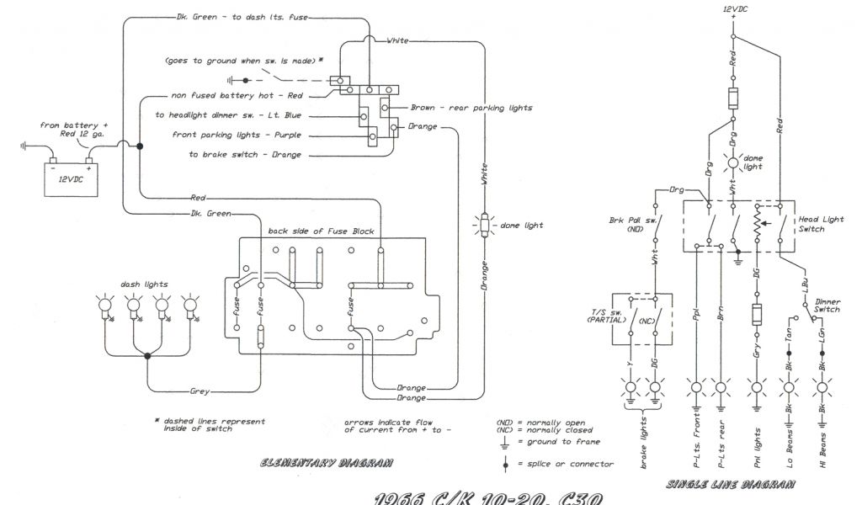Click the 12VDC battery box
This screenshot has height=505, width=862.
pos(72,178)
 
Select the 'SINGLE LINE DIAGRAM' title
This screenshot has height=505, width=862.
pos(730,484)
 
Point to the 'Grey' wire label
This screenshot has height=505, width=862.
pos(200,391)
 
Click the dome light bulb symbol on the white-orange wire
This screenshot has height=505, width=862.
pos(484,226)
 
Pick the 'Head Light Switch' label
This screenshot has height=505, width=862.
pos(821,225)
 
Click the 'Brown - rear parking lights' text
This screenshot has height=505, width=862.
pos(471,108)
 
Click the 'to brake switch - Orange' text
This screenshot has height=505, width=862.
pos(245,154)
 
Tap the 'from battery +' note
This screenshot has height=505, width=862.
pos(75,125)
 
